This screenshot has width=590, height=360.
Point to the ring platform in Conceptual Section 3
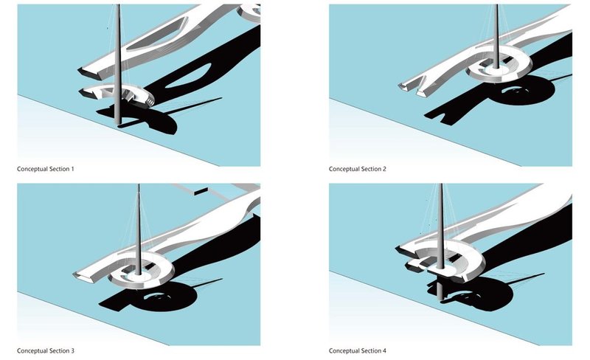tap(140, 274)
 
